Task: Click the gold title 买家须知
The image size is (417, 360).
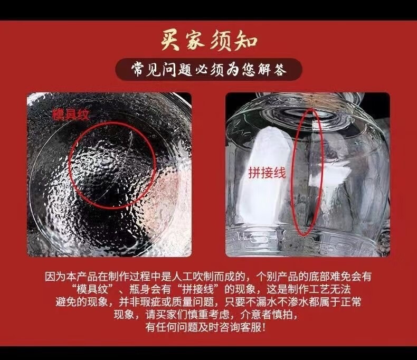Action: click(x=209, y=41)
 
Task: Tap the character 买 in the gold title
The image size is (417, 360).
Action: click(x=171, y=41)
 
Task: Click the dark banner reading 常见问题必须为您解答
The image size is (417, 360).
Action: click(x=209, y=70)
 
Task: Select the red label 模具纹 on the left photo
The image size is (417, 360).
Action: click(x=71, y=115)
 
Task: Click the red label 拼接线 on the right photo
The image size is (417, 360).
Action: click(x=267, y=173)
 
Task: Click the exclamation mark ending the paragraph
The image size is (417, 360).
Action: click(x=264, y=327)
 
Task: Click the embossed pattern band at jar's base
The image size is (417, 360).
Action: click(x=306, y=241)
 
